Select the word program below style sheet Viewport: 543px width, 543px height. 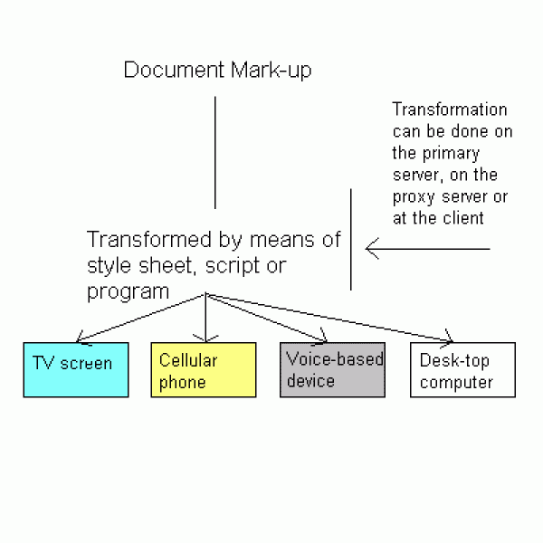pyautogui.click(x=128, y=291)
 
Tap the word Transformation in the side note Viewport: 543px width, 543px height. pyautogui.click(x=450, y=110)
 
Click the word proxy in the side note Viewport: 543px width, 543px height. pyautogui.click(x=413, y=196)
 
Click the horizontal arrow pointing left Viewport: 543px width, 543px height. pyautogui.click(x=425, y=248)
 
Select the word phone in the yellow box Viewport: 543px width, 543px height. pyautogui.click(x=183, y=382)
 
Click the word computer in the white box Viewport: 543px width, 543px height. pyautogui.click(x=456, y=382)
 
